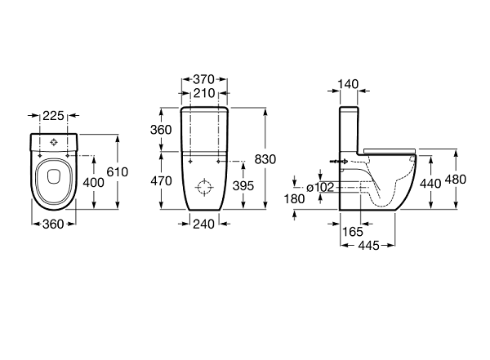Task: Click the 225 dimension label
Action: coord(53,116)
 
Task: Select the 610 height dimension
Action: coord(118,172)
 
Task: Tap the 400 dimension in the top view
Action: coord(93,183)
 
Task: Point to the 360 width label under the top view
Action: coord(53,224)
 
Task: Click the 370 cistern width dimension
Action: coord(203,79)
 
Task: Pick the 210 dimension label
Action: coord(204,93)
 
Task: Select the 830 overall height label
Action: coord(265,159)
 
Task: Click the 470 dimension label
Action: coord(161,181)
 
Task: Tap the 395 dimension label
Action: coord(243,186)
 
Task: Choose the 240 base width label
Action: coord(203,224)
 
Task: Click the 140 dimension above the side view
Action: coord(349,84)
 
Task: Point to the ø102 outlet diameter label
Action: coord(320,188)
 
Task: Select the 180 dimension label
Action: coord(294,198)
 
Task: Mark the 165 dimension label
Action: coord(353,232)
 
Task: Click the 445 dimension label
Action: coord(369,246)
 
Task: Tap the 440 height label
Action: coord(430,184)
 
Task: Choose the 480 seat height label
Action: coord(456,180)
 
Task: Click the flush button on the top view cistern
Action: coord(54,143)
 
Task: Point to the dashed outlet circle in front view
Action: coord(204,188)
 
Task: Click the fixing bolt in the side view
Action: coord(339,162)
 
